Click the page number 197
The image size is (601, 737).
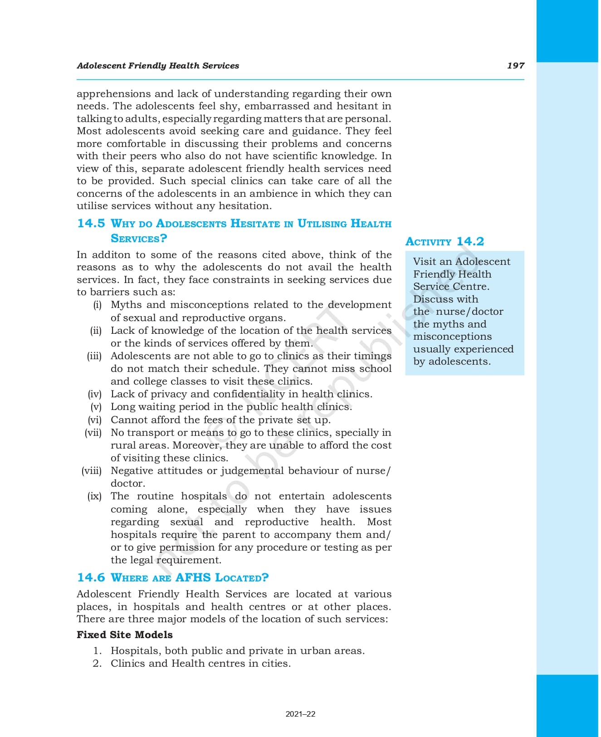coord(515,65)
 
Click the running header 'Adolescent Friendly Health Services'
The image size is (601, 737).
coord(158,65)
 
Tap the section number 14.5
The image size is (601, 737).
coord(91,223)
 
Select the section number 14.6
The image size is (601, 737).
coord(91,577)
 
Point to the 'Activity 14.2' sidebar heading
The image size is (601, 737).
coord(445,241)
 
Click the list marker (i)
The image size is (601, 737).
coord(98,305)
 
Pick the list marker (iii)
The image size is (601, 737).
coord(94,356)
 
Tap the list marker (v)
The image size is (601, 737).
coord(96,407)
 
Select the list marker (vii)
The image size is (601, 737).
coord(93,433)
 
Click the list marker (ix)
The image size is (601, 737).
coord(94,496)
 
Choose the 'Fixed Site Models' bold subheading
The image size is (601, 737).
coord(125,635)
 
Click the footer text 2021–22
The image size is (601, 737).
coord(300,714)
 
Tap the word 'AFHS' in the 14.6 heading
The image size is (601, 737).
coord(193,577)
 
